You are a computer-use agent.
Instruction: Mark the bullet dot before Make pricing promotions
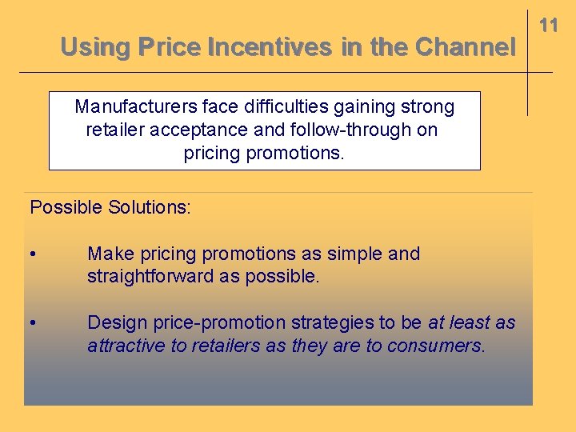coord(31,254)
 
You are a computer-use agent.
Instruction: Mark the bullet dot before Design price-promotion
coord(31,323)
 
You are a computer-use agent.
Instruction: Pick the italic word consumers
coord(435,346)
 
